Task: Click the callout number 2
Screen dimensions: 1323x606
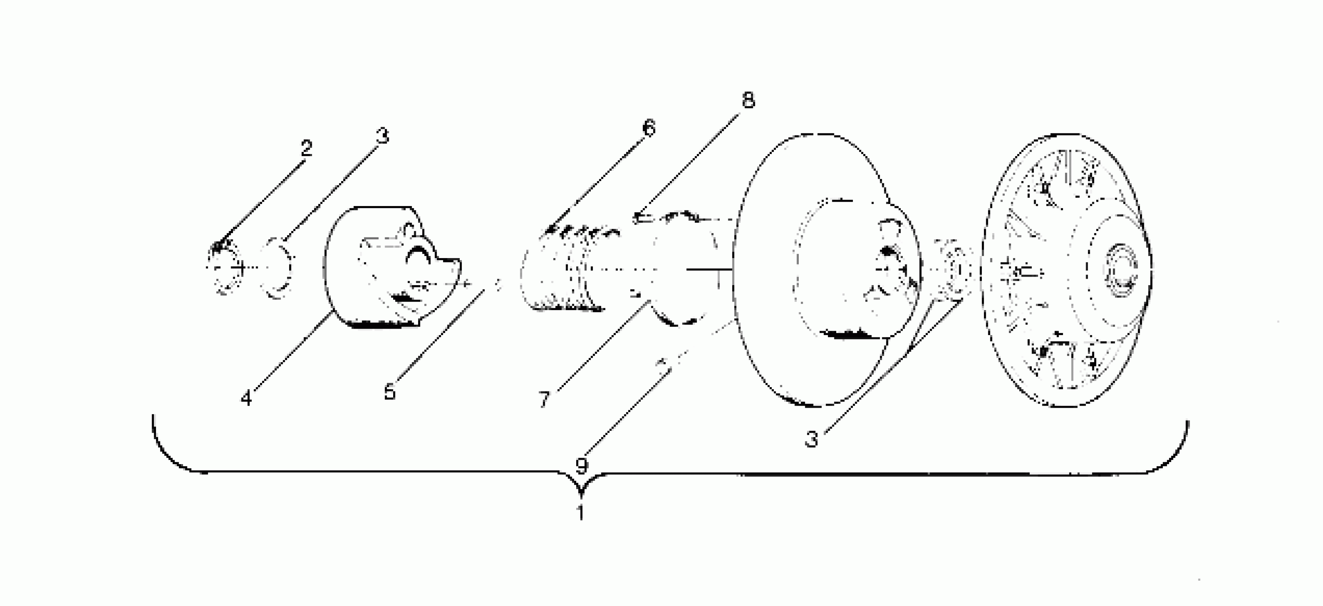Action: tap(306, 149)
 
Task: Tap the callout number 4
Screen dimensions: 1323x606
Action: tap(246, 398)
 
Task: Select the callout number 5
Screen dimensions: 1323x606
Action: tap(390, 392)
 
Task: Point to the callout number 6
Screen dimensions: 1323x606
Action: tap(649, 128)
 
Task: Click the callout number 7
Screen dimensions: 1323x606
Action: tap(545, 399)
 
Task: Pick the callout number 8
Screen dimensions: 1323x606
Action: tap(748, 100)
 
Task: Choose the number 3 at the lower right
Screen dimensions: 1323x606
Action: tap(812, 440)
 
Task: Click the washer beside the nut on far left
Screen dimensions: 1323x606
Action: tap(278, 269)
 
